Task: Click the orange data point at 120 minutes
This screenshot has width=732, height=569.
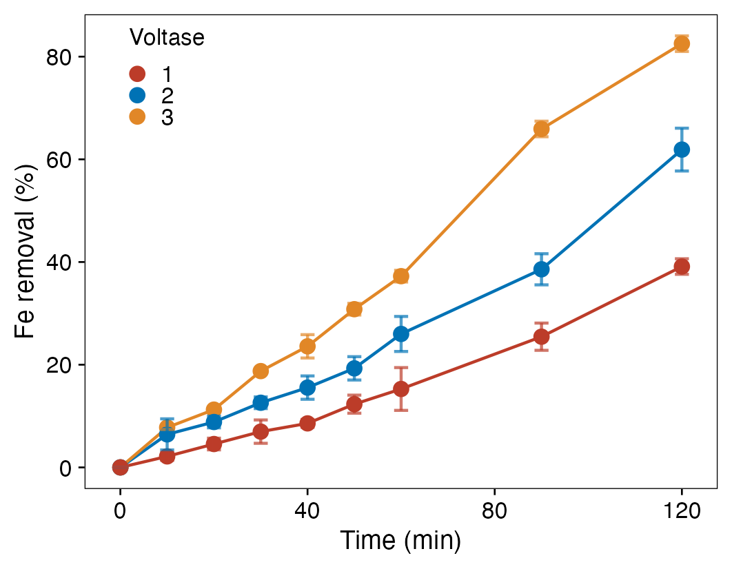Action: coord(682,44)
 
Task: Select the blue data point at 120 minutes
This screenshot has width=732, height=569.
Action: coord(682,149)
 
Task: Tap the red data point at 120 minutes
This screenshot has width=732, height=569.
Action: coord(682,267)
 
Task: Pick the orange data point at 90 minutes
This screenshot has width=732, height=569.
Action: coord(541,129)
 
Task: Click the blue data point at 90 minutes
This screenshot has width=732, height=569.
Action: coord(541,269)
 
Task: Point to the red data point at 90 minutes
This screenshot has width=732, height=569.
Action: coord(541,337)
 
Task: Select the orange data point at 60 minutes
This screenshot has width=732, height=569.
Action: coord(401,276)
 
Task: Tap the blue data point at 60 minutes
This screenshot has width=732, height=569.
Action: coord(401,334)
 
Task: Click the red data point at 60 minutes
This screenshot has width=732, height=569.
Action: coord(401,389)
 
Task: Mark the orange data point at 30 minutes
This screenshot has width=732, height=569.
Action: coord(261,371)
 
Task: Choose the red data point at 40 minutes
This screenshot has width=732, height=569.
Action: coord(307,424)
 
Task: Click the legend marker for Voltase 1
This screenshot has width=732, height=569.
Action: coord(138,74)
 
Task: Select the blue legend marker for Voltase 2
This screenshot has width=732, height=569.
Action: coord(138,96)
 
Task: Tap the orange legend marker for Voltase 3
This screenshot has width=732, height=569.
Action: coord(138,117)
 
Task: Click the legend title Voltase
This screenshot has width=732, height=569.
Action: coord(167,38)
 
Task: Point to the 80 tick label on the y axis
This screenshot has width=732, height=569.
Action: coord(60,57)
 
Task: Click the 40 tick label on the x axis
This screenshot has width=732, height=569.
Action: coord(307,511)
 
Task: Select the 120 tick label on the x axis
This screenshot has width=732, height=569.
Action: coord(682,511)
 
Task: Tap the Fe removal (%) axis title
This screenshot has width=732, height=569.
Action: coord(26,251)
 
